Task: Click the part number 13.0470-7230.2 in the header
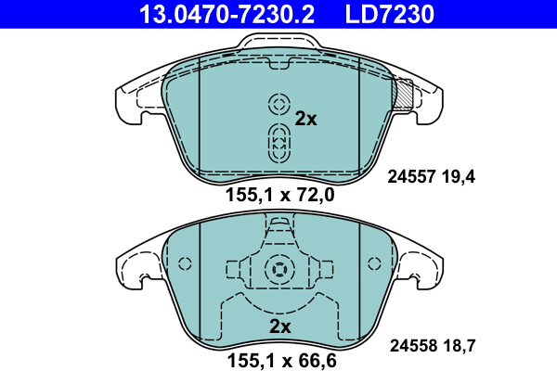point(227,14)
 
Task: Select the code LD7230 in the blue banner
point(390,14)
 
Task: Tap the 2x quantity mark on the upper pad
point(305,119)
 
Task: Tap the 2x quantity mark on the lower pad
point(280,326)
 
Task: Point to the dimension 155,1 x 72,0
point(280,195)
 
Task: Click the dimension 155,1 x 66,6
point(281,361)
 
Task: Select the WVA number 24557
point(411,176)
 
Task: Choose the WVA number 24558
point(413,345)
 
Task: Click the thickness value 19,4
point(459,177)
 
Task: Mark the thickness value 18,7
point(459,346)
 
